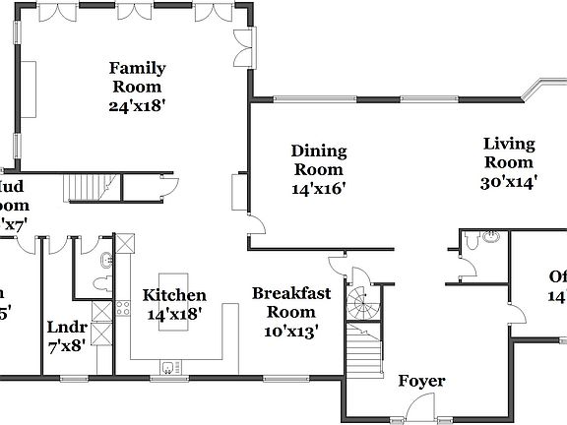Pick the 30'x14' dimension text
click(508, 182)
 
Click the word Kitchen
click(174, 295)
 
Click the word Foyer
click(421, 381)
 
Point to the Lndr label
click(68, 328)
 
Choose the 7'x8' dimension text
click(68, 345)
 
